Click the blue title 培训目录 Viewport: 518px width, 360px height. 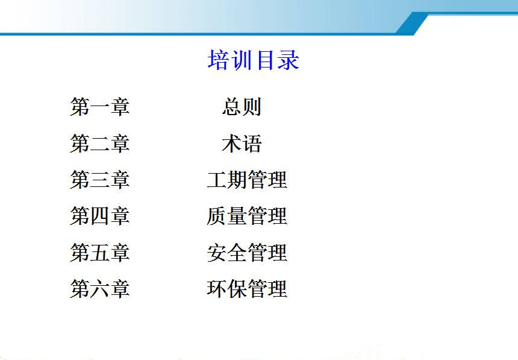(x=254, y=60)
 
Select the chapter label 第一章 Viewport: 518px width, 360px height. (x=99, y=107)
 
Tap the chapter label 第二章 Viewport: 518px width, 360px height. (x=99, y=144)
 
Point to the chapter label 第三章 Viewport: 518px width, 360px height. (x=99, y=180)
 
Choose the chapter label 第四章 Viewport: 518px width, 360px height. (x=99, y=216)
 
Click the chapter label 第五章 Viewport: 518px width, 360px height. (x=99, y=253)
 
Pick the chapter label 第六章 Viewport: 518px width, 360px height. (x=99, y=288)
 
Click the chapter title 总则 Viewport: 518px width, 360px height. (x=242, y=107)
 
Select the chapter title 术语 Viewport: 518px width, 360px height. (x=242, y=144)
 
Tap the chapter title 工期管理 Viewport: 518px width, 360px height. (x=247, y=180)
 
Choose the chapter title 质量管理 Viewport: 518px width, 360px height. (x=247, y=216)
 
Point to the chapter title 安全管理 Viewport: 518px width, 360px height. (x=247, y=253)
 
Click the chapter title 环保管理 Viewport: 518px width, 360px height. (x=247, y=288)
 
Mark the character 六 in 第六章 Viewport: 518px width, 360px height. (x=99, y=289)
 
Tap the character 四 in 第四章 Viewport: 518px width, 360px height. (x=99, y=216)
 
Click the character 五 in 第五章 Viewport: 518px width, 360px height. (x=99, y=253)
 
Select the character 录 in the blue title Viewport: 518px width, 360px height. (x=289, y=60)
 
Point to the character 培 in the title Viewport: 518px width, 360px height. (x=218, y=60)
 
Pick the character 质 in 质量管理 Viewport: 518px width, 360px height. (x=217, y=216)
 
